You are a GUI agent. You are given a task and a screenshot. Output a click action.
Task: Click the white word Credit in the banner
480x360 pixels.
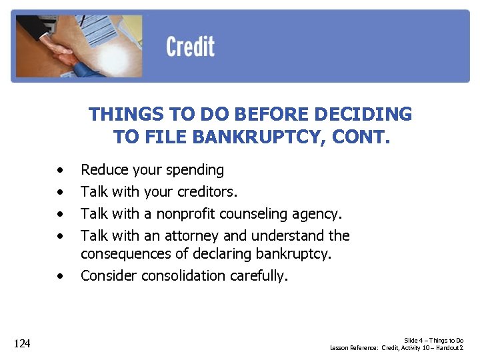[x=190, y=47]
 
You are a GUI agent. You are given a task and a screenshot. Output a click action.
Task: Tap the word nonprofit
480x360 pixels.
[x=171, y=214]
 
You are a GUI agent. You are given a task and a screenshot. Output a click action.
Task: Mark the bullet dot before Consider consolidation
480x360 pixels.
[x=61, y=276]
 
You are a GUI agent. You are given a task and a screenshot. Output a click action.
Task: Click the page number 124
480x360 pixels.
[x=23, y=343]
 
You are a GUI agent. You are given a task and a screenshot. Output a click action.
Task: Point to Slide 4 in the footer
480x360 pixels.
[x=416, y=341]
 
